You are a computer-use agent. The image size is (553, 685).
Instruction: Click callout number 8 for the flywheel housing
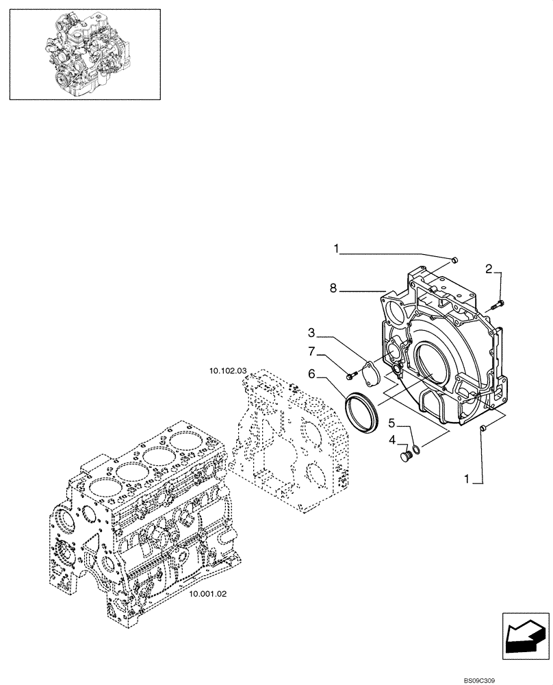pos(333,289)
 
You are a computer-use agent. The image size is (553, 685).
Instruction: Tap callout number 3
pos(311,334)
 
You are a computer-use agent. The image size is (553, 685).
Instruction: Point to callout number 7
pos(311,352)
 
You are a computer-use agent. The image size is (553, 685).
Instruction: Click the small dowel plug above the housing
pos(454,259)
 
